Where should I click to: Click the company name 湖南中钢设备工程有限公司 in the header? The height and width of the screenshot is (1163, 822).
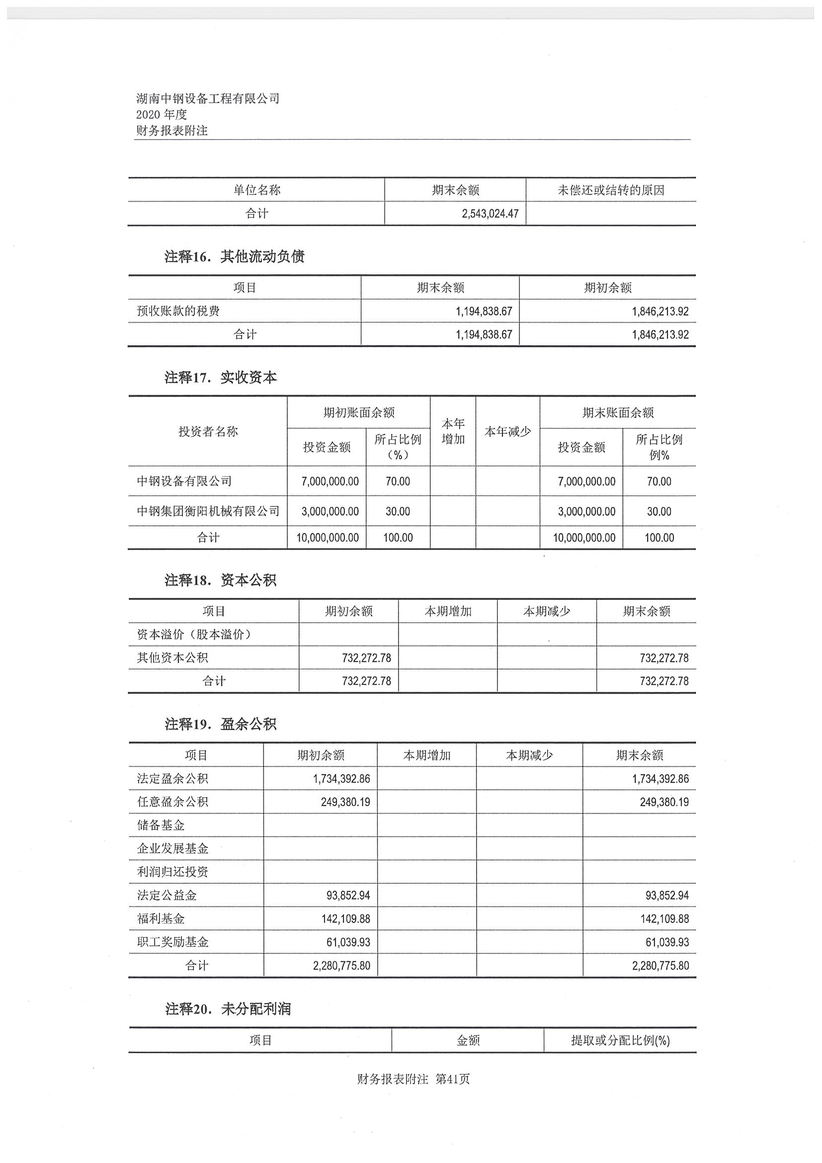pos(208,98)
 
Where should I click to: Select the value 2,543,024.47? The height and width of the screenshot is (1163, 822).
pos(490,214)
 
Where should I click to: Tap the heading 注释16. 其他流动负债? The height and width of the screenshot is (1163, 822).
pos(235,257)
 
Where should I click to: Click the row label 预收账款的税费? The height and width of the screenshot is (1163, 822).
pos(178,311)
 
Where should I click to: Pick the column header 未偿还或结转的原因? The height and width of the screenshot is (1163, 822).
pos(611,190)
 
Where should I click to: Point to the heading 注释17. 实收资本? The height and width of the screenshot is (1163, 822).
pos(221,377)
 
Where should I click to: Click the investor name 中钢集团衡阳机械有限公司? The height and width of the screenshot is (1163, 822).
pos(208,511)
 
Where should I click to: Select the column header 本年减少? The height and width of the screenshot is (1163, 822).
pos(507,431)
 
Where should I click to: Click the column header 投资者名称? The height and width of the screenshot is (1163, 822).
pos(208,431)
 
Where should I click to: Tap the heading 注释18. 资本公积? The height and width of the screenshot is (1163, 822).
pos(221,580)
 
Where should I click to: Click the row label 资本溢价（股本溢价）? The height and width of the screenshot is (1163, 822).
pos(194,635)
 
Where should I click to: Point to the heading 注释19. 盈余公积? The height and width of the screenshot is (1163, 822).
pos(221,724)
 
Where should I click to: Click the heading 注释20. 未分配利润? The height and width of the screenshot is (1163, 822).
pos(228,1009)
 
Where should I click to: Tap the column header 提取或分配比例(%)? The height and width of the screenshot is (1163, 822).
pos(620,1040)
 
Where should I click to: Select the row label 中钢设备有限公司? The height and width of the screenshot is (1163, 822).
pos(184,481)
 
